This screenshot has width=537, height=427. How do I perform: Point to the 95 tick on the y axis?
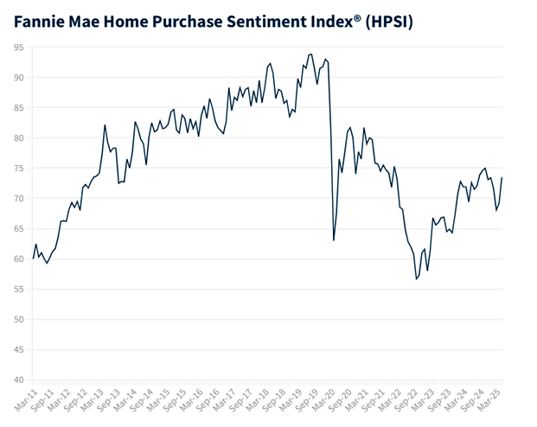coord(17,48)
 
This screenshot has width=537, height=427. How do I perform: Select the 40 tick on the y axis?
coord(17,380)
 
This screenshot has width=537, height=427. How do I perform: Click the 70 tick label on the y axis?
coord(17,199)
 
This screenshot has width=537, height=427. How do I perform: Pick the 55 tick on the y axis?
coord(17,290)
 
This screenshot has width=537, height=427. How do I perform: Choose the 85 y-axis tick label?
coord(17,108)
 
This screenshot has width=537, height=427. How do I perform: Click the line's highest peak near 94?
coord(310,54)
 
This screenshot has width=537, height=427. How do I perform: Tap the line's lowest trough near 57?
coord(416,279)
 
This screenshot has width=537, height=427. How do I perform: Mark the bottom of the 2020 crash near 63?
coord(334,240)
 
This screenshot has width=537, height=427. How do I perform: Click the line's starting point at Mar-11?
coord(34,258)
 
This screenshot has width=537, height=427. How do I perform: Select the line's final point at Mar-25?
coord(502,178)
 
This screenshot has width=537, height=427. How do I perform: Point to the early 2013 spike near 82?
coord(105,125)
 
